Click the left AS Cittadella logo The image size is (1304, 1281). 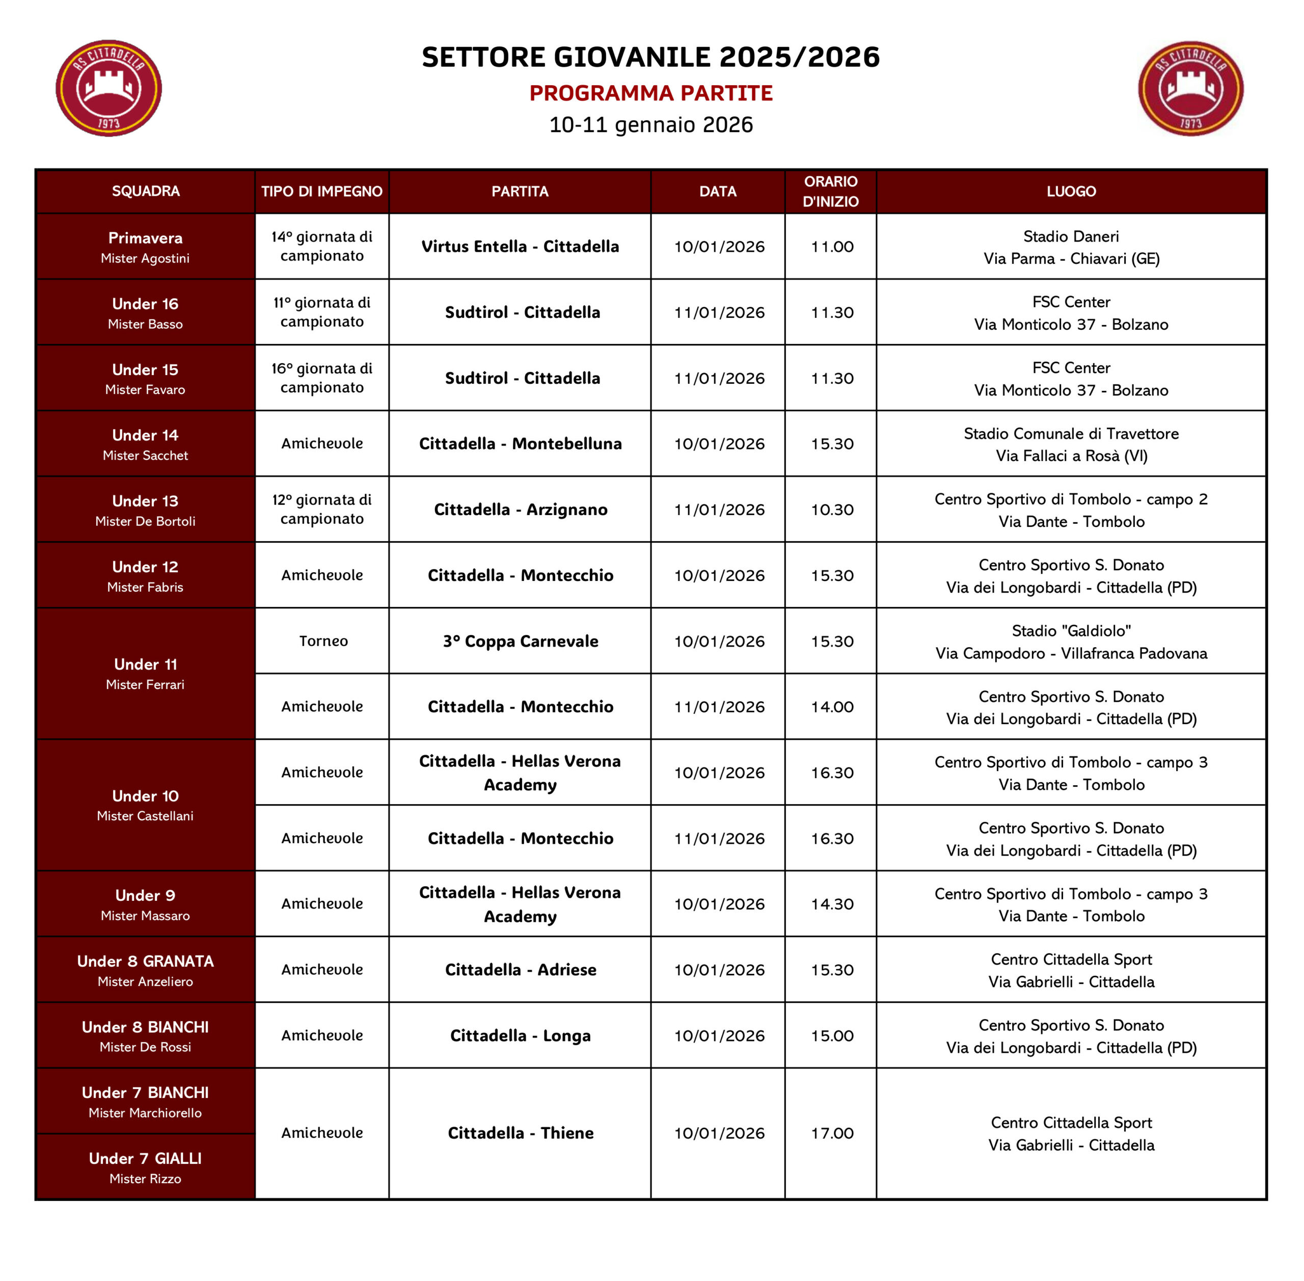pyautogui.click(x=108, y=88)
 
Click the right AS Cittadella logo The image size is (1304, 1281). pyautogui.click(x=1190, y=88)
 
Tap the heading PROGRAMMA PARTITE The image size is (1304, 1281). pyautogui.click(x=650, y=93)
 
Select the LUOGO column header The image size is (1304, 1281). pyautogui.click(x=1071, y=192)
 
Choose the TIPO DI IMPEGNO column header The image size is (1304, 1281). pyautogui.click(x=321, y=192)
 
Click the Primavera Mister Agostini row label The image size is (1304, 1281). pyautogui.click(x=145, y=247)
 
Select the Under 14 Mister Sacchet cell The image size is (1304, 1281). pyautogui.click(x=145, y=444)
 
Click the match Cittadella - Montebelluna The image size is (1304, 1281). pyautogui.click(x=520, y=444)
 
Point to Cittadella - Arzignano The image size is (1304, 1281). pyautogui.click(x=520, y=510)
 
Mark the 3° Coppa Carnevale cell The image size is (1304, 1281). pyautogui.click(x=520, y=641)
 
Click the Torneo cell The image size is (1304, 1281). pyautogui.click(x=323, y=641)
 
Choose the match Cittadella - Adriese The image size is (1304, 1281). pyautogui.click(x=520, y=970)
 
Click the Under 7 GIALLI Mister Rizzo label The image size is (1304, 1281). pyautogui.click(x=145, y=1167)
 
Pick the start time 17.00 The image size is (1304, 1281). pyautogui.click(x=832, y=1134)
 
